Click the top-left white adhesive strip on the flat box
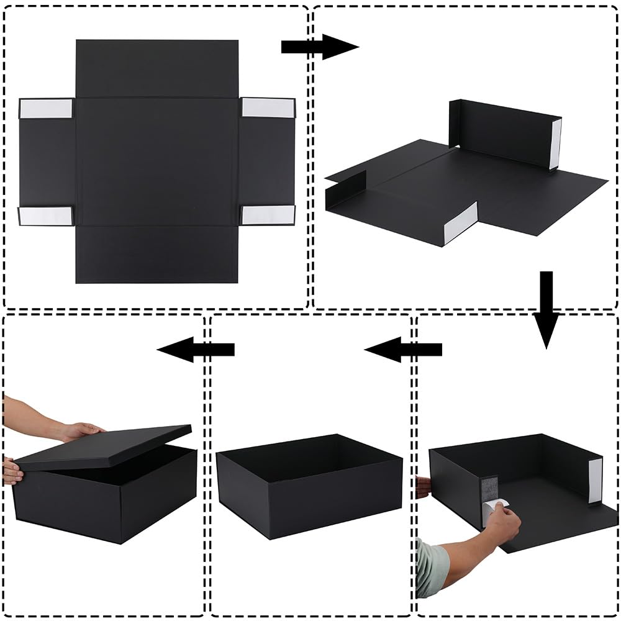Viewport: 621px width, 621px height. pos(46,108)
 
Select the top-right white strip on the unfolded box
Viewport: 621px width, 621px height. pos(267,107)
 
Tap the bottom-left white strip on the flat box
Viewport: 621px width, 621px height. pos(45,215)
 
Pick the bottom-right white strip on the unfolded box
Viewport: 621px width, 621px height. pos(267,215)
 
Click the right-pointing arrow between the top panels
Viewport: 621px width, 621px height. pos(319,47)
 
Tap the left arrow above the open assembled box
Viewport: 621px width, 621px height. pos(403,350)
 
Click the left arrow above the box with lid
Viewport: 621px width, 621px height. pos(196,350)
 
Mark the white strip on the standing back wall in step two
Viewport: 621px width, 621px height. pos(556,143)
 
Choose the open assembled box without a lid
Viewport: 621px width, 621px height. pos(309,484)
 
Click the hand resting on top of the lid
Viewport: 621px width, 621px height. pos(81,430)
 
